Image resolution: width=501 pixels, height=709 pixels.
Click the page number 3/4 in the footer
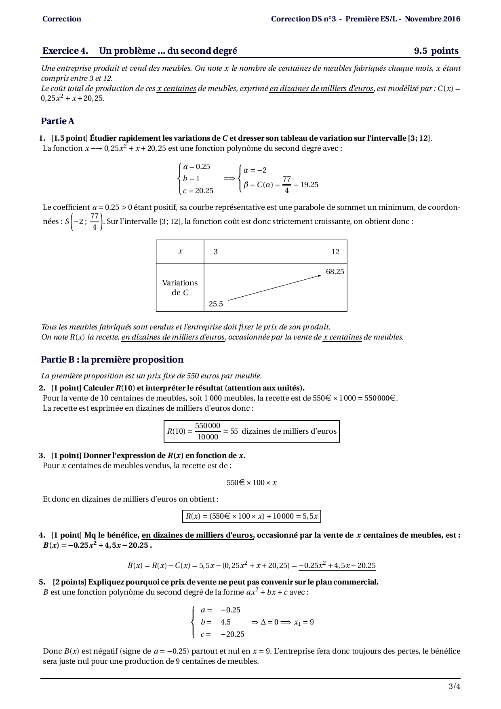454,686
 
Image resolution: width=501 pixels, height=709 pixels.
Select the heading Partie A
57,121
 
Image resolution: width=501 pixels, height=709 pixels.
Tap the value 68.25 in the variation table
335,272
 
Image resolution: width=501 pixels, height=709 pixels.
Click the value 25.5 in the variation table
216,304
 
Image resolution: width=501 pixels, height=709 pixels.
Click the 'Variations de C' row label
180,288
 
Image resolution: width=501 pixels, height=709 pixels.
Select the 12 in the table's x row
335,252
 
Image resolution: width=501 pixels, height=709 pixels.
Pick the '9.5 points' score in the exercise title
436,51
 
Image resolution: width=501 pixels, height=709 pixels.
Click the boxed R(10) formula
251,431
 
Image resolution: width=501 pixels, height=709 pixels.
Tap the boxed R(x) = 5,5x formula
251,516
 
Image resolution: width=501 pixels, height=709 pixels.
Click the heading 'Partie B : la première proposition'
112,360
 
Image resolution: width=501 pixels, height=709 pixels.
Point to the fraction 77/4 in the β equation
286,185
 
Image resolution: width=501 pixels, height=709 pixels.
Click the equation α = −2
255,170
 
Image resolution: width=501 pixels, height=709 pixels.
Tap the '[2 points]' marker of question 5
69,582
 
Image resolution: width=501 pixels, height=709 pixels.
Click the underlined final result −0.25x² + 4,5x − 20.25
337,566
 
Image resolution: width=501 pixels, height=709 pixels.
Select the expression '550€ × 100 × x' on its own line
251,483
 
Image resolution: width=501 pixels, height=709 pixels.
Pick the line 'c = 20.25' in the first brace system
198,191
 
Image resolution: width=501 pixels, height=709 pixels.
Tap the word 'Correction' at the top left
61,19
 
